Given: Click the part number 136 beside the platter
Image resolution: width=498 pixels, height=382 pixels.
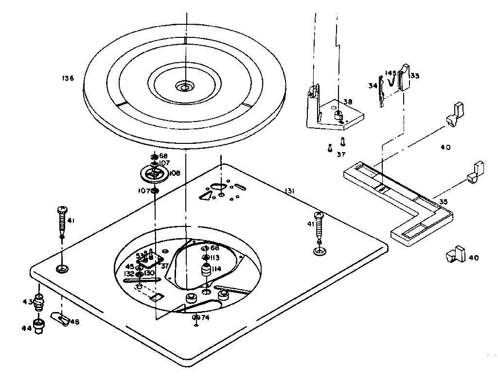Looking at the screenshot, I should coord(68,78).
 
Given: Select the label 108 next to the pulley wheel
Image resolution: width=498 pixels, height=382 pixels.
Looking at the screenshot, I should coord(174,173).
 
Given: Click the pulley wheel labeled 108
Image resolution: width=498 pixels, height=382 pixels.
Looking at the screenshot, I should coord(153,174).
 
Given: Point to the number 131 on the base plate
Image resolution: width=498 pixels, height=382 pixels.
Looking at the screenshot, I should coord(290,191).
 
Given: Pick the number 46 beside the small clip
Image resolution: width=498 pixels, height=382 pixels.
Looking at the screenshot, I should coord(75,321).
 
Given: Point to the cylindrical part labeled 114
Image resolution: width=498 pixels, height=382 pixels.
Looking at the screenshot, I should coord(205,271).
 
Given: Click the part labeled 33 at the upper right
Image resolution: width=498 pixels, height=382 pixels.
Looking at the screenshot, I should coord(415,76).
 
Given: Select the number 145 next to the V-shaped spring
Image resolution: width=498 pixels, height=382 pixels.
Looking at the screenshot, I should coord(391,73).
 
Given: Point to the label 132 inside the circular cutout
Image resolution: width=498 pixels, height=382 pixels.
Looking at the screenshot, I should coord(129,274).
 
